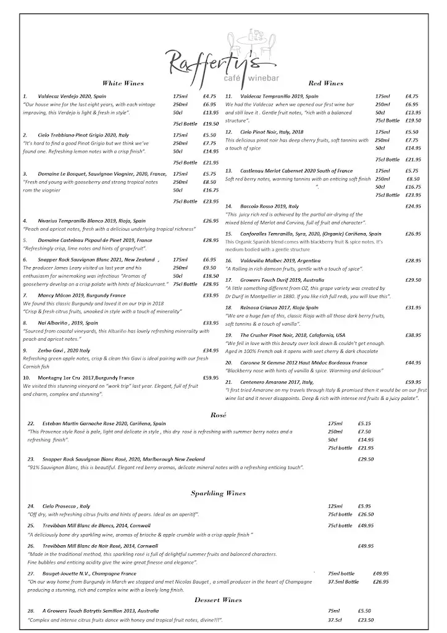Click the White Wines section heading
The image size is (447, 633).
point(123,83)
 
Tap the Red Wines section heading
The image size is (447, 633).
point(325,83)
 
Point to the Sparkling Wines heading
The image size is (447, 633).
point(218,493)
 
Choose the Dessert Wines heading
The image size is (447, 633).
point(218,600)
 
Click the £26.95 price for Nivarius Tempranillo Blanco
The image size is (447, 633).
point(211,221)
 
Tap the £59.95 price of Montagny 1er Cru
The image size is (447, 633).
point(211,377)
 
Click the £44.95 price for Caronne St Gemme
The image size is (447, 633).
point(413,363)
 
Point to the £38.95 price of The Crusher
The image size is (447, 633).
point(413,335)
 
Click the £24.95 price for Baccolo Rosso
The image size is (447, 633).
point(413,206)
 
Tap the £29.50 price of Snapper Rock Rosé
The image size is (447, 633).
point(366,459)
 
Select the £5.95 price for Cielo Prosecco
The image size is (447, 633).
point(364,506)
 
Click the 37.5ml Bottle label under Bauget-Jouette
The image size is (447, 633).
point(343,582)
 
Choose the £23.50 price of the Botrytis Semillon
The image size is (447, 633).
point(366,620)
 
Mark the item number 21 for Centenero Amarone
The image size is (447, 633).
point(228,382)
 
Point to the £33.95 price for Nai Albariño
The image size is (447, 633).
point(211,323)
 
